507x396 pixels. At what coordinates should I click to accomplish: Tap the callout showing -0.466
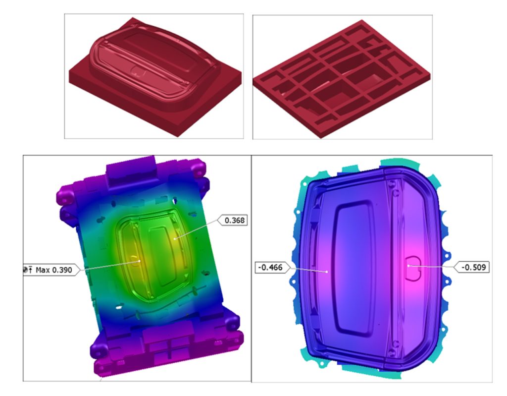272,268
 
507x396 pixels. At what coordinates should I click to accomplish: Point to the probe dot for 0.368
175,238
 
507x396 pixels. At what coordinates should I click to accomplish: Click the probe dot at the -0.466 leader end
327,271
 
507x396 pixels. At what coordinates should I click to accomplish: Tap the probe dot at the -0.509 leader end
408,266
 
